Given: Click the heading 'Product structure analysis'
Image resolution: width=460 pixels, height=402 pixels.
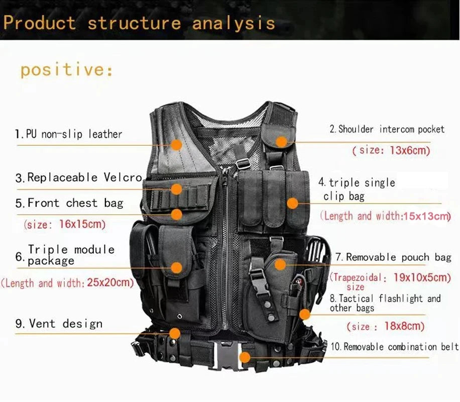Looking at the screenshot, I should [x=139, y=23].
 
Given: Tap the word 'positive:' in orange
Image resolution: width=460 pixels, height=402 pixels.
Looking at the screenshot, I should [x=67, y=69].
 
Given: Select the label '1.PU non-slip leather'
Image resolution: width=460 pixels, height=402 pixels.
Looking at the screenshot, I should [x=68, y=134].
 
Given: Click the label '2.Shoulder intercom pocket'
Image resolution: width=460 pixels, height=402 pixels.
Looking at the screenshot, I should [x=387, y=130].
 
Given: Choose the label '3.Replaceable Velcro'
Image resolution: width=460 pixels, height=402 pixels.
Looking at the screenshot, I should [x=79, y=177].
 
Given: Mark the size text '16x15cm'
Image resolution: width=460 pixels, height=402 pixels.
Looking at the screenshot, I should [x=82, y=224].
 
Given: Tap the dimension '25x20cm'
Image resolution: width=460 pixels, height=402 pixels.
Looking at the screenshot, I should [x=110, y=282].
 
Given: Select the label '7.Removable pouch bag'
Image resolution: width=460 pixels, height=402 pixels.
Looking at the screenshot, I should [x=393, y=257].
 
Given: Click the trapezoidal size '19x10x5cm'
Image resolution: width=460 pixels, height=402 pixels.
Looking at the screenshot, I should [x=422, y=277].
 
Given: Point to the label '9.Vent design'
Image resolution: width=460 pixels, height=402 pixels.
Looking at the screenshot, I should [x=59, y=324].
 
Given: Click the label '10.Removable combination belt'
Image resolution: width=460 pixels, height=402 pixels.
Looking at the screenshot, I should [x=394, y=347].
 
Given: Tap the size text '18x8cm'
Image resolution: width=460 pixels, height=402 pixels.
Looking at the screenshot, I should [x=404, y=326].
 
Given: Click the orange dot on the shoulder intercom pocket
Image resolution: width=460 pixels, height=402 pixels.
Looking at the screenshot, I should [x=282, y=142].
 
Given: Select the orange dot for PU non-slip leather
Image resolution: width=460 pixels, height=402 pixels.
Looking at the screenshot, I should [x=176, y=145].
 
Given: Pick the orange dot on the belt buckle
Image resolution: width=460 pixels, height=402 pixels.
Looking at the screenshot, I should [x=245, y=357].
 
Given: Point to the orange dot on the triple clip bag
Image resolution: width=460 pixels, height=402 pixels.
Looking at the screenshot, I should [x=292, y=203].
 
